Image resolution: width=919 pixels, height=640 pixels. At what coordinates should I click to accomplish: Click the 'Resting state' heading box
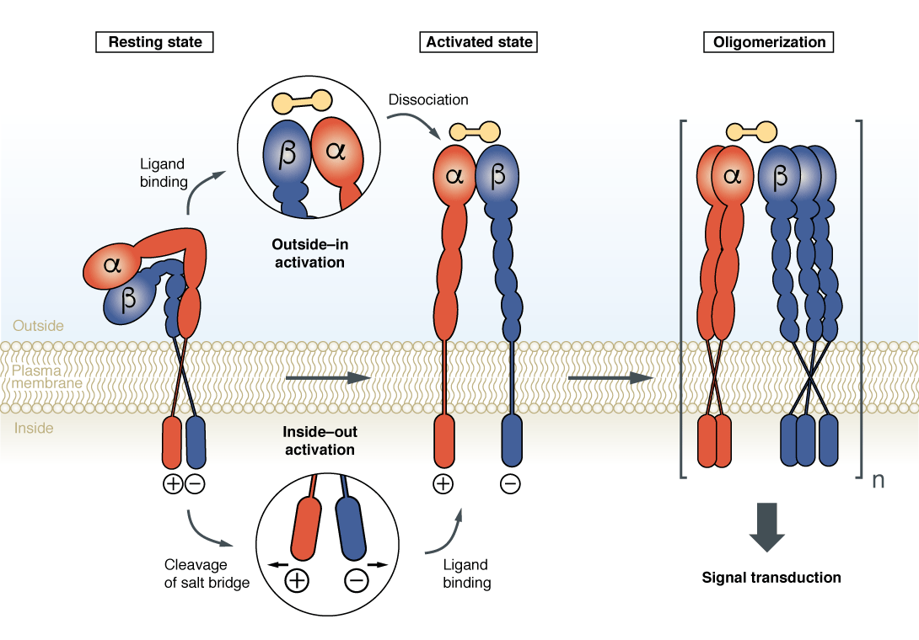(155, 41)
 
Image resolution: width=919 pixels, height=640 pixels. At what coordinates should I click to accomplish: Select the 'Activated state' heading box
(479, 41)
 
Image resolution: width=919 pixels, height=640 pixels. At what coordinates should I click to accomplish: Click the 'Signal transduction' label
(771, 578)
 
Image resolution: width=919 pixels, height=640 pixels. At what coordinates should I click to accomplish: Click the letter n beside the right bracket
(878, 481)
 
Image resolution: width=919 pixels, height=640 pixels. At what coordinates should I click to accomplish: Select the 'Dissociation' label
(428, 99)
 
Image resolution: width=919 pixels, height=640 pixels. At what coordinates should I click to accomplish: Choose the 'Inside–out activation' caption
(320, 440)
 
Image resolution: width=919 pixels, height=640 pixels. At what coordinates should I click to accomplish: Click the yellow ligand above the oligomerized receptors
(752, 131)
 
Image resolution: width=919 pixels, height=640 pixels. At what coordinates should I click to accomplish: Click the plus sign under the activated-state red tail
(443, 483)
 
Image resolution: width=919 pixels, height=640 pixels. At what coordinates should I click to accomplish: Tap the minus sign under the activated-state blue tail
(510, 483)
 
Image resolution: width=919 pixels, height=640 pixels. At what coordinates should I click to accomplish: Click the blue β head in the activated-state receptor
(497, 175)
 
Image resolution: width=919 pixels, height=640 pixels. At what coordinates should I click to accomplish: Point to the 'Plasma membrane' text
(47, 376)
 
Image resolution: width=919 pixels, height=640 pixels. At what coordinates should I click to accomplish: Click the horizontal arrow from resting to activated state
(328, 377)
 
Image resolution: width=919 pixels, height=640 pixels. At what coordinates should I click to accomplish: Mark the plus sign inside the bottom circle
(297, 580)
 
